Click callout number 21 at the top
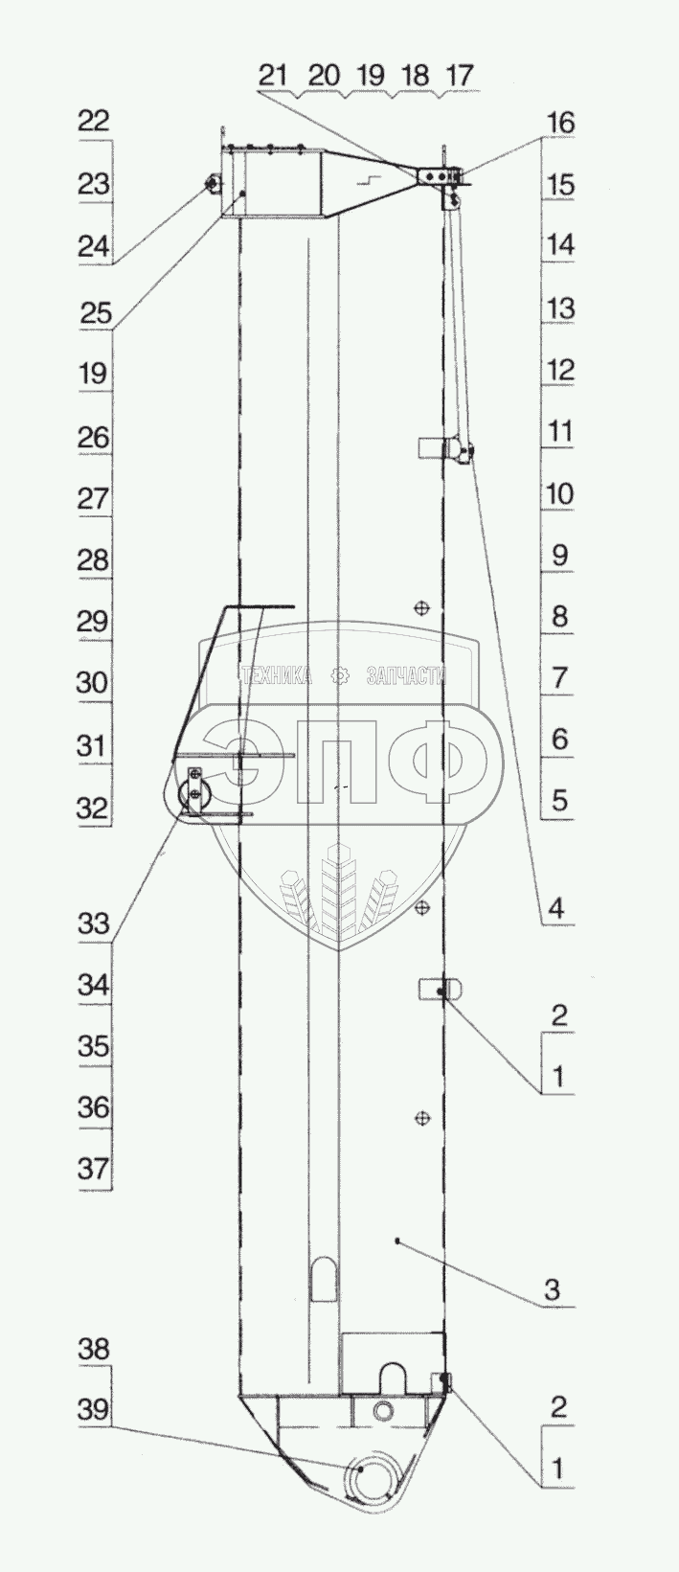tap(273, 75)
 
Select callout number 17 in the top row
tap(459, 75)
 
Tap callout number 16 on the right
tap(559, 123)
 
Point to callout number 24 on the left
tap(95, 246)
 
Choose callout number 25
tap(95, 312)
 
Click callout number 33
tap(95, 923)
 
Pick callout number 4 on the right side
tap(555, 910)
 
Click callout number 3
tap(553, 1288)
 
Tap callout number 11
tap(559, 431)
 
